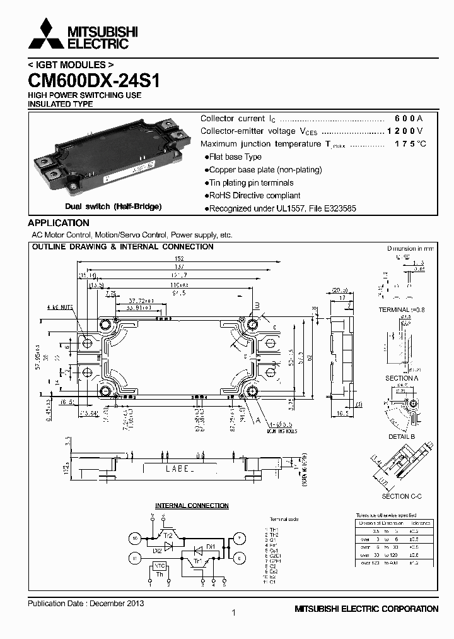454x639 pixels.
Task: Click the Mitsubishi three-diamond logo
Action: point(45,34)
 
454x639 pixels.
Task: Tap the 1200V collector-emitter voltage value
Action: point(404,131)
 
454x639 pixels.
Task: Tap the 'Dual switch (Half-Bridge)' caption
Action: point(113,206)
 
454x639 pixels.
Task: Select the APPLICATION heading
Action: point(59,223)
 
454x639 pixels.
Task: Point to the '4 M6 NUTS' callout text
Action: point(59,308)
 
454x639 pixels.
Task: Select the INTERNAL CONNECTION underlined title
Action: point(192,506)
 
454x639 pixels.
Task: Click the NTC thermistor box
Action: point(160,566)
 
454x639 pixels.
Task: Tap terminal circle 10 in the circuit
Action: point(136,539)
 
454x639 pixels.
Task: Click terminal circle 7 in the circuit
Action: point(239,539)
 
